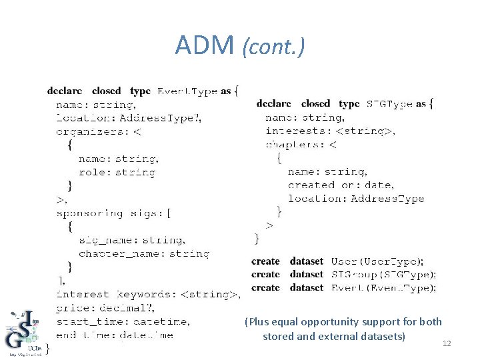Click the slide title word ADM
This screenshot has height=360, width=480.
pyautogui.click(x=205, y=45)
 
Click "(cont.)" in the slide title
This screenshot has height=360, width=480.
pyautogui.click(x=273, y=47)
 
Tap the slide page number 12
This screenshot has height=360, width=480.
pyautogui.click(x=447, y=343)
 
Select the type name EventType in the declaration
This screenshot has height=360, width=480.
pyautogui.click(x=187, y=91)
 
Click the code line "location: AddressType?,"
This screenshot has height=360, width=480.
pyautogui.click(x=128, y=118)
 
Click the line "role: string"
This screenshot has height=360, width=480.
pyautogui.click(x=117, y=172)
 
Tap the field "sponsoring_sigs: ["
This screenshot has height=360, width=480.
pyautogui.click(x=113, y=213)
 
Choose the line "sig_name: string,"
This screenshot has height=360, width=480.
pyautogui.click(x=132, y=240)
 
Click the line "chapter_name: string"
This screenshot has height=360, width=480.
pyautogui.click(x=144, y=253)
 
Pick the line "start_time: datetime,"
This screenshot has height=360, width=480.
pyautogui.click(x=123, y=321)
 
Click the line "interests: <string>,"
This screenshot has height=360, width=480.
pyautogui.click(x=330, y=131)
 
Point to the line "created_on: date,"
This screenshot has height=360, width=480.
pyautogui.click(x=341, y=185)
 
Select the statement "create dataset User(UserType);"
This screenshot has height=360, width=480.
pyautogui.click(x=337, y=261)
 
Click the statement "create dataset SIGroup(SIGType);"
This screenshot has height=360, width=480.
pyautogui.click(x=344, y=274)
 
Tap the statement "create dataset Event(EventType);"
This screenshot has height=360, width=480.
pyautogui.click(x=344, y=287)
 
